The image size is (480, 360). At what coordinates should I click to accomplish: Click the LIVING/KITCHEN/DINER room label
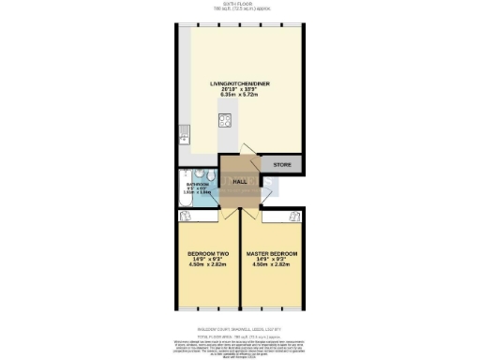(239, 83)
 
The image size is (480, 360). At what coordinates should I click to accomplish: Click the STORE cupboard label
(281, 165)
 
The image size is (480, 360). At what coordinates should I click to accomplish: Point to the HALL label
(239, 180)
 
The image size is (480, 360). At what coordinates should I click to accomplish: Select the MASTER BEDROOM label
(271, 253)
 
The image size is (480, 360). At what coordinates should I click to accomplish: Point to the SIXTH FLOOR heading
(239, 4)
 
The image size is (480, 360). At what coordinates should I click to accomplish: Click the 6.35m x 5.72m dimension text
(239, 96)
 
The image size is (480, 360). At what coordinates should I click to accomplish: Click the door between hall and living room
(245, 156)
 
